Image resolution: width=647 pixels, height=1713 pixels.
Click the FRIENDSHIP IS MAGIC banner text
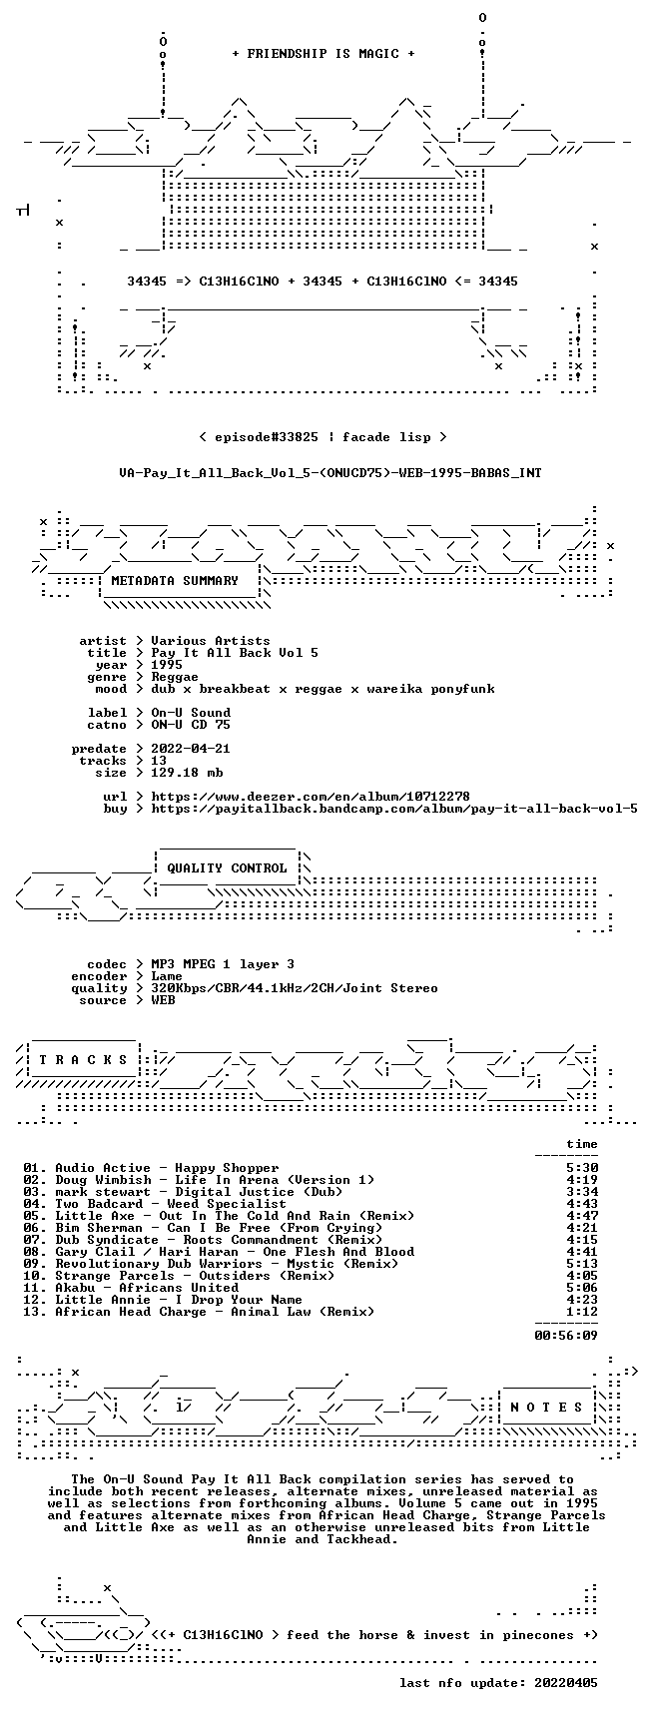tap(323, 54)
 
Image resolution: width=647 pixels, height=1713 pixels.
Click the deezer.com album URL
tap(311, 797)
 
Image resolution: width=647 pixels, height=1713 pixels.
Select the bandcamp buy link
tap(394, 809)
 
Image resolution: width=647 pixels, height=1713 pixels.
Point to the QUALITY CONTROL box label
tap(227, 868)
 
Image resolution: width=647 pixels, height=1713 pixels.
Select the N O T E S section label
tap(546, 1408)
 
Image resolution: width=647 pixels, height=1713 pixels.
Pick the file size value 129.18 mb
tap(187, 773)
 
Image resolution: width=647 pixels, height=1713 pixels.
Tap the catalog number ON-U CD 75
tap(191, 725)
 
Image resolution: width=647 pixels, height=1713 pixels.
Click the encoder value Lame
tap(167, 976)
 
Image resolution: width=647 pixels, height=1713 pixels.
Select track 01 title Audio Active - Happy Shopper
tap(167, 1168)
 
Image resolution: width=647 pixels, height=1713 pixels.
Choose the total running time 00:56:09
tap(566, 1336)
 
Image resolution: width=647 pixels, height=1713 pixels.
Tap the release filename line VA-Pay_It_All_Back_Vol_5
tap(330, 473)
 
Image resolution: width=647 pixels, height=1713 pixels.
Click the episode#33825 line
tap(323, 437)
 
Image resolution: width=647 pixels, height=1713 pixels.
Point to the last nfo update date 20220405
tap(498, 1683)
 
